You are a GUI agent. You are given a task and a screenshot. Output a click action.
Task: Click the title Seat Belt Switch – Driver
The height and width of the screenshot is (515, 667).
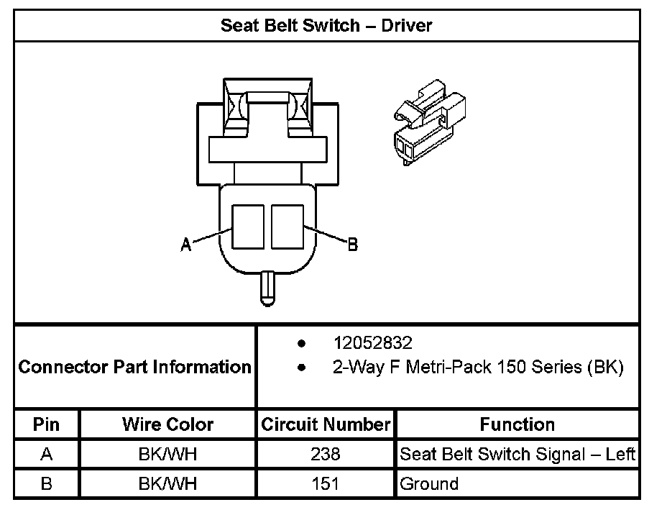pos(326,26)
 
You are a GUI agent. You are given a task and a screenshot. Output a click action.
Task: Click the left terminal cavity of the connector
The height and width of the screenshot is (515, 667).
pos(248,226)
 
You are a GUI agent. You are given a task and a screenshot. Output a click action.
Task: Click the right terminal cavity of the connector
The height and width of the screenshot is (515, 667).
pos(287,226)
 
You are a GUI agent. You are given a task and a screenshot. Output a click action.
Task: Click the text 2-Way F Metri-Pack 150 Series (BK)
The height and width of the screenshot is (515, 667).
pos(477,368)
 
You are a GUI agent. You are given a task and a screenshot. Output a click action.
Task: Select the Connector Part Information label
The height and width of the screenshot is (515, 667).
pos(135,368)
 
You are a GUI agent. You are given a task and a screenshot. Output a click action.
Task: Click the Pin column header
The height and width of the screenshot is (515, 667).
pos(47,424)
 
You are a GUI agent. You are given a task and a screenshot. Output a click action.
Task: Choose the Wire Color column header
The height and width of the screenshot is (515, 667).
pos(167,424)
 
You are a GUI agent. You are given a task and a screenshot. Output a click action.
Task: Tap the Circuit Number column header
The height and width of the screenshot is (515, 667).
pos(326,424)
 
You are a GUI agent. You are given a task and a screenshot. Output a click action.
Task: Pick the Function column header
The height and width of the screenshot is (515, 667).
pos(517,424)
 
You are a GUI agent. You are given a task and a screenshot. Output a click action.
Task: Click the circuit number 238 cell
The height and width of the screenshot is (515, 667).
pos(326,455)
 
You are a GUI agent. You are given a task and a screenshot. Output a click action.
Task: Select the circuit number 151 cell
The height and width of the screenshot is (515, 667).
pos(326,483)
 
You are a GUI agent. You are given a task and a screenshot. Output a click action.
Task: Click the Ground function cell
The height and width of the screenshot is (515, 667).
pos(429,483)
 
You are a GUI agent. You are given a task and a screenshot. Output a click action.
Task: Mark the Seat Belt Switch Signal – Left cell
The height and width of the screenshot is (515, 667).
pos(517,455)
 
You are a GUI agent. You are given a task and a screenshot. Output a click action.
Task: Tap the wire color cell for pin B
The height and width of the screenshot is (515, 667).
pos(167,483)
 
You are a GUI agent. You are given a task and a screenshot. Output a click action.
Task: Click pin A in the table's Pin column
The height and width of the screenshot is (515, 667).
pos(47,455)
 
